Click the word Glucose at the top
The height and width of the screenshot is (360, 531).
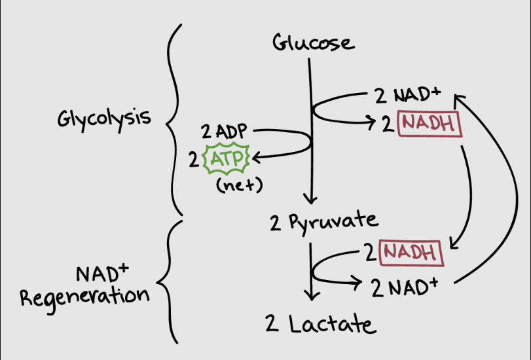[x=314, y=43]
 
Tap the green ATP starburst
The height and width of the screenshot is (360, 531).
[x=227, y=158]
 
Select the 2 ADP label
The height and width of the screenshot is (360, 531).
[x=224, y=131]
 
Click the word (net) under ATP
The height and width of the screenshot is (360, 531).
[x=240, y=185]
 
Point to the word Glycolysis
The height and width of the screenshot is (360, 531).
[x=104, y=119]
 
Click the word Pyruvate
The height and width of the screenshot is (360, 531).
[x=333, y=222]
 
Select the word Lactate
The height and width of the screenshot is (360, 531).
[x=332, y=324]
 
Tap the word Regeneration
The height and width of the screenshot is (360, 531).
[x=84, y=298]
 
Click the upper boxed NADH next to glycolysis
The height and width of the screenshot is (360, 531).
[x=430, y=124]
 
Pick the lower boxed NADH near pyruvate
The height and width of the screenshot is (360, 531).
[x=411, y=253]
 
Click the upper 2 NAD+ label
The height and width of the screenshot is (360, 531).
[x=407, y=95]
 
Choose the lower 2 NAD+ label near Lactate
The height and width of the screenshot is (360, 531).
[x=405, y=287]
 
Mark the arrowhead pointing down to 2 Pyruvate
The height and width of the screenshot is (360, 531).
[x=310, y=200]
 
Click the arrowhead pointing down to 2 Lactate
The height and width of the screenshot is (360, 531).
[x=312, y=296]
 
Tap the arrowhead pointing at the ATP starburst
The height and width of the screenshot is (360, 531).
[x=257, y=158]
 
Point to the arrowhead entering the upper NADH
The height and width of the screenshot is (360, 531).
[x=371, y=121]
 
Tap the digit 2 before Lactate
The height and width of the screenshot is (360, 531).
[x=272, y=323]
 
